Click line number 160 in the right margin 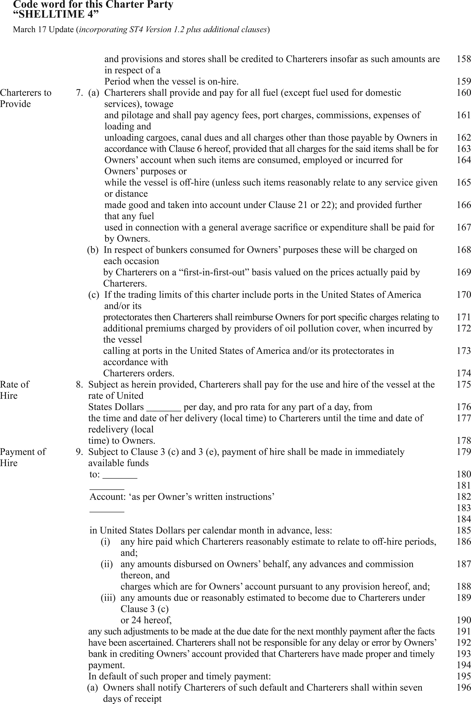pyautogui.click(x=463, y=93)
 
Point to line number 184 pyautogui.click(x=463, y=519)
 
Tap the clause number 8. pyautogui.click(x=79, y=385)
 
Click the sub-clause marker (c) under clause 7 pyautogui.click(x=93, y=295)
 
